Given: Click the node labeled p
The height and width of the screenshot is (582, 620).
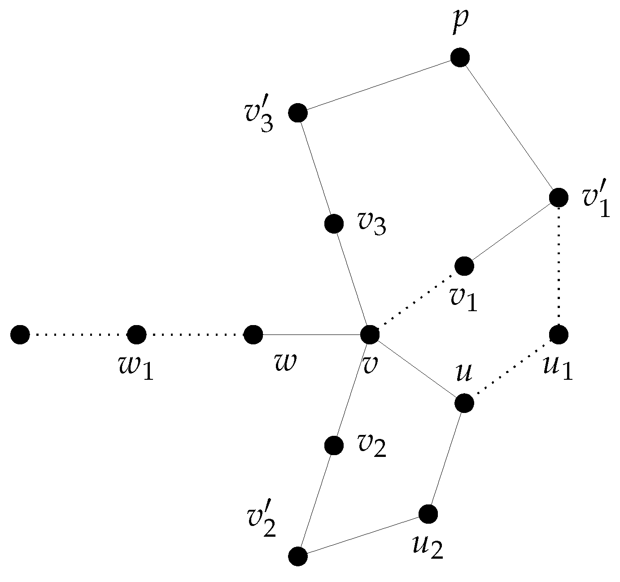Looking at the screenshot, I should click(460, 57).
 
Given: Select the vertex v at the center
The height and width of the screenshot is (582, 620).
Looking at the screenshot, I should click(370, 334).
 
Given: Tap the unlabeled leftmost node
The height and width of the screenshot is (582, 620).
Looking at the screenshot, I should click(20, 334).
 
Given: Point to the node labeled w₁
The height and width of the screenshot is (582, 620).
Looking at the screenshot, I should click(136, 334).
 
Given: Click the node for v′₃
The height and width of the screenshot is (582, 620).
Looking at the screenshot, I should click(298, 113).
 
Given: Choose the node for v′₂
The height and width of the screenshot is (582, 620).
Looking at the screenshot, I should click(298, 556).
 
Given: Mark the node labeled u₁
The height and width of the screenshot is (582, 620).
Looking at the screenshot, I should click(559, 334).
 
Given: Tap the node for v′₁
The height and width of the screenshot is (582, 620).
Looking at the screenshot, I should click(559, 197).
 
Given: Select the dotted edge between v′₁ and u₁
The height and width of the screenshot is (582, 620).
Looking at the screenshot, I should click(559, 265).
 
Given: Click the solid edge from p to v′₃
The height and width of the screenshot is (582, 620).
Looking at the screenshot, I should click(379, 85).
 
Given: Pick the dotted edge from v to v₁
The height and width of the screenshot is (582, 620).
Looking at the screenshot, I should click(417, 300).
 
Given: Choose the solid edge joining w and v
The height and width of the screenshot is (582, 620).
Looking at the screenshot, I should click(311, 334).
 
